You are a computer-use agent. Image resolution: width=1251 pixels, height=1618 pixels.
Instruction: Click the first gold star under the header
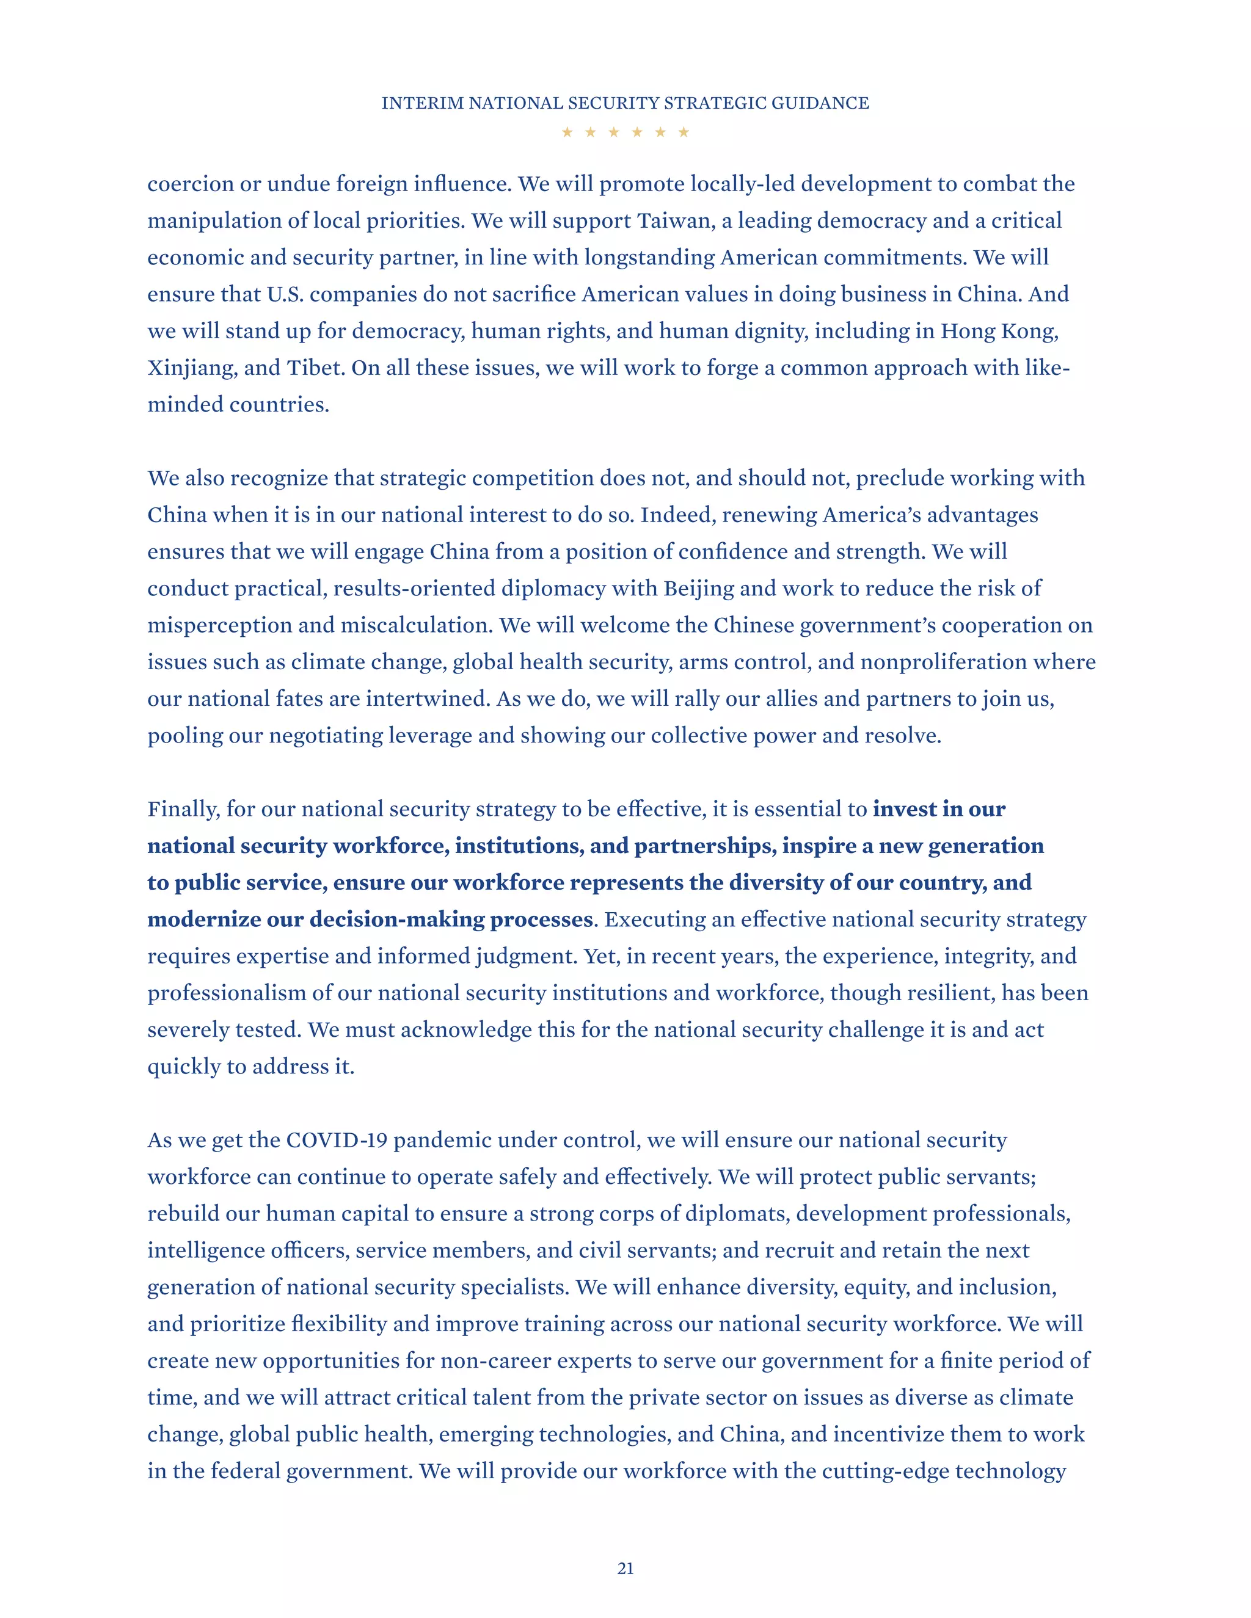click(567, 132)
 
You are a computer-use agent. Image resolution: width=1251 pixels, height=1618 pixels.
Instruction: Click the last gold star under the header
click(684, 132)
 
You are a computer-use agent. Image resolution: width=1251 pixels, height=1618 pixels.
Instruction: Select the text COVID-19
click(337, 1140)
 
